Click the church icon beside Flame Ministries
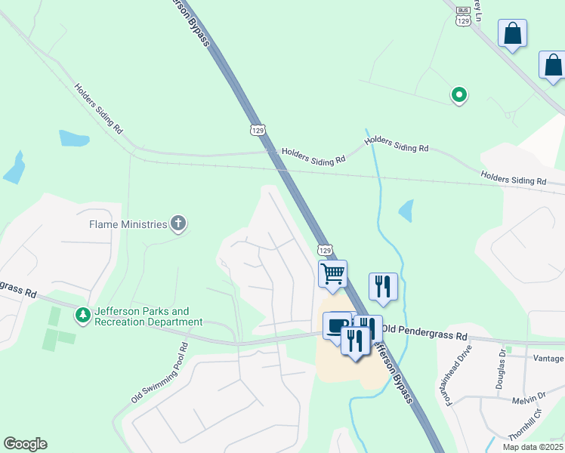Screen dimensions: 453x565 click(x=178, y=223)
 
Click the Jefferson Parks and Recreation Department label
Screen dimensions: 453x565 click(x=148, y=316)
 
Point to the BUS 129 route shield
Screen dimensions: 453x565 click(x=464, y=17)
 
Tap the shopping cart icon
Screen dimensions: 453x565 click(x=332, y=273)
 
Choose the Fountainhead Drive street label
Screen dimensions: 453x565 click(x=458, y=375)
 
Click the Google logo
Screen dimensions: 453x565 click(x=25, y=444)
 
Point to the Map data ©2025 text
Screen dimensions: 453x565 click(x=533, y=447)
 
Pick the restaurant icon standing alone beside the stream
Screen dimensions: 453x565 click(x=383, y=286)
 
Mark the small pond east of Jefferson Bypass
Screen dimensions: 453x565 click(x=406, y=210)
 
